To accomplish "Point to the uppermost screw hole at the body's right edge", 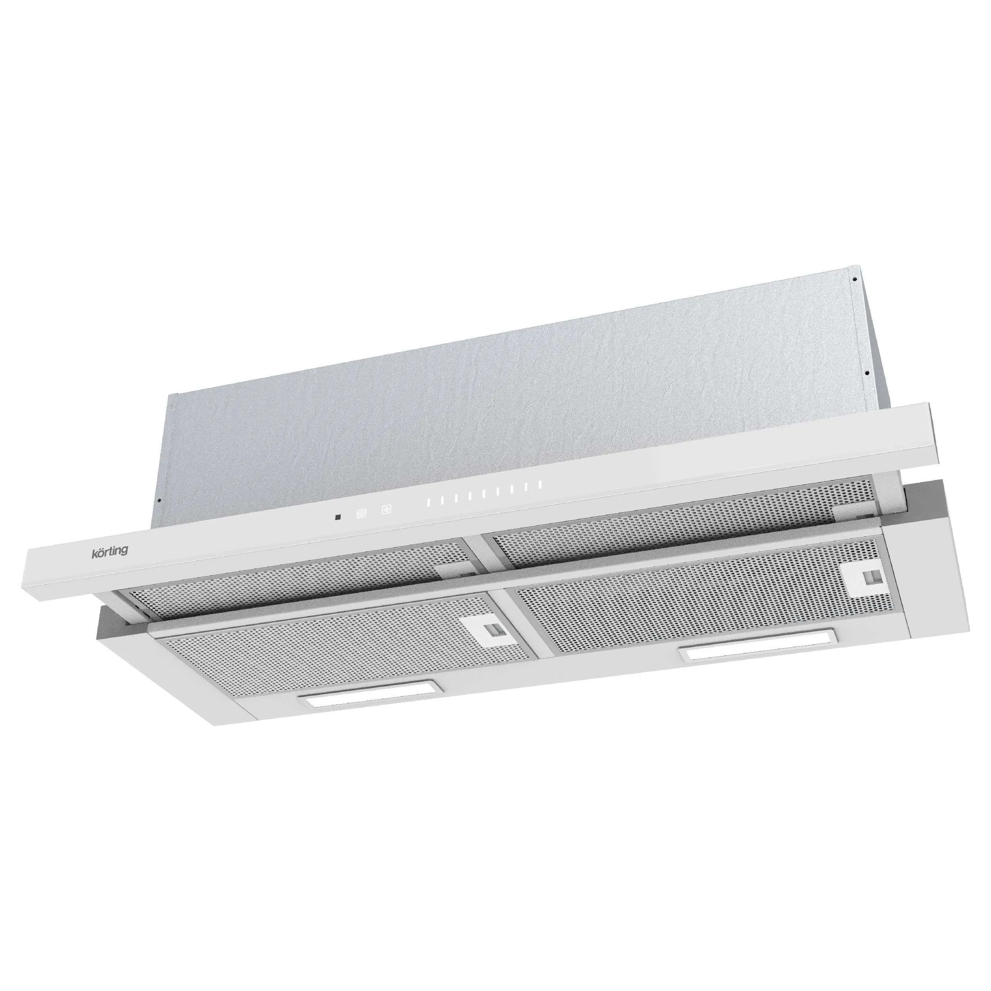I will [855, 280].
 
